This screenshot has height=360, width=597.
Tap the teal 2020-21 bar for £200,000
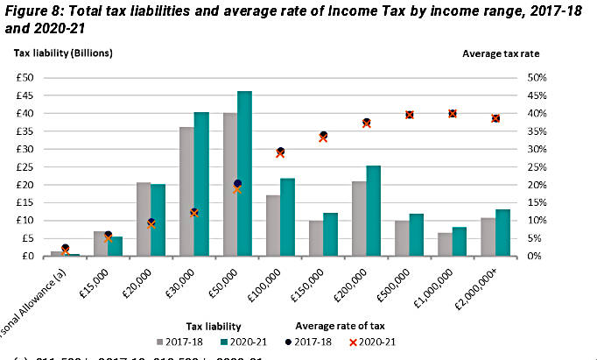coord(373,210)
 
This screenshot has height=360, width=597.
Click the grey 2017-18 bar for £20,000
coord(144,219)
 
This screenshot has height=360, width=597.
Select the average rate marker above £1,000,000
coord(453,113)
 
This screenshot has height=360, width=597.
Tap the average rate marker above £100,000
coord(280,152)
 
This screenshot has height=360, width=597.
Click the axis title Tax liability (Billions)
coord(63,53)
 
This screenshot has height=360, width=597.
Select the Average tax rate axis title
coord(501,53)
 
